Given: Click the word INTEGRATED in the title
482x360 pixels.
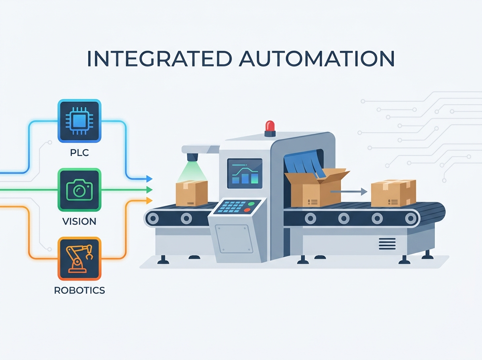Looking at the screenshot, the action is (x=159, y=59).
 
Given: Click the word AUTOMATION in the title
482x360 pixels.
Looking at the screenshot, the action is (x=317, y=59).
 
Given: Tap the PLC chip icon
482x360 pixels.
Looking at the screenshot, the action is (x=79, y=121).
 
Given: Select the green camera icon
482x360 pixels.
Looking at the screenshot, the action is (x=79, y=190).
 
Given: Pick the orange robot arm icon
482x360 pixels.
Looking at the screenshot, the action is (x=79, y=259).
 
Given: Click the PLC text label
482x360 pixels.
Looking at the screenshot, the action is (x=80, y=153).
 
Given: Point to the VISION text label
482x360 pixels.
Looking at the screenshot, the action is (x=79, y=221).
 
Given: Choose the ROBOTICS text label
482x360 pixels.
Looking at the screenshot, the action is (x=80, y=290).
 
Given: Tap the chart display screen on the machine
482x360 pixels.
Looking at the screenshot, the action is (x=245, y=174).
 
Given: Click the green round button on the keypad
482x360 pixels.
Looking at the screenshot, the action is (x=251, y=204).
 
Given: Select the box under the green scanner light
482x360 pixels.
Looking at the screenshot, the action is (x=192, y=193).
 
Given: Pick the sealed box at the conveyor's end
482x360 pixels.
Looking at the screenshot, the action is (x=394, y=193).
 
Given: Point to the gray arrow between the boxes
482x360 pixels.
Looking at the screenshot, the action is (x=349, y=192).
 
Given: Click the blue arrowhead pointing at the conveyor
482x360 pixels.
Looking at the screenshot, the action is (x=149, y=179).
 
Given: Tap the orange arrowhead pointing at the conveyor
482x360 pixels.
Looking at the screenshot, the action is (x=149, y=200).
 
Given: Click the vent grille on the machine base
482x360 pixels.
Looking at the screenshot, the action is (x=387, y=244).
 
